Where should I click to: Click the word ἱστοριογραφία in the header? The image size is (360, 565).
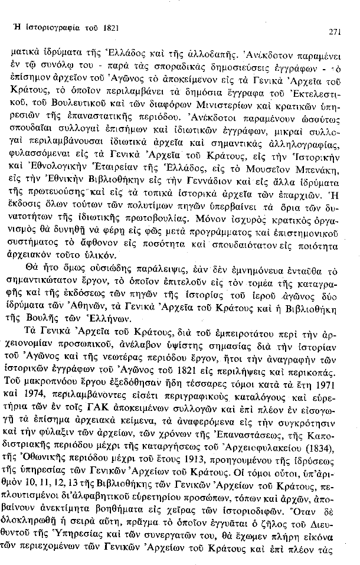(x=49, y=27)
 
